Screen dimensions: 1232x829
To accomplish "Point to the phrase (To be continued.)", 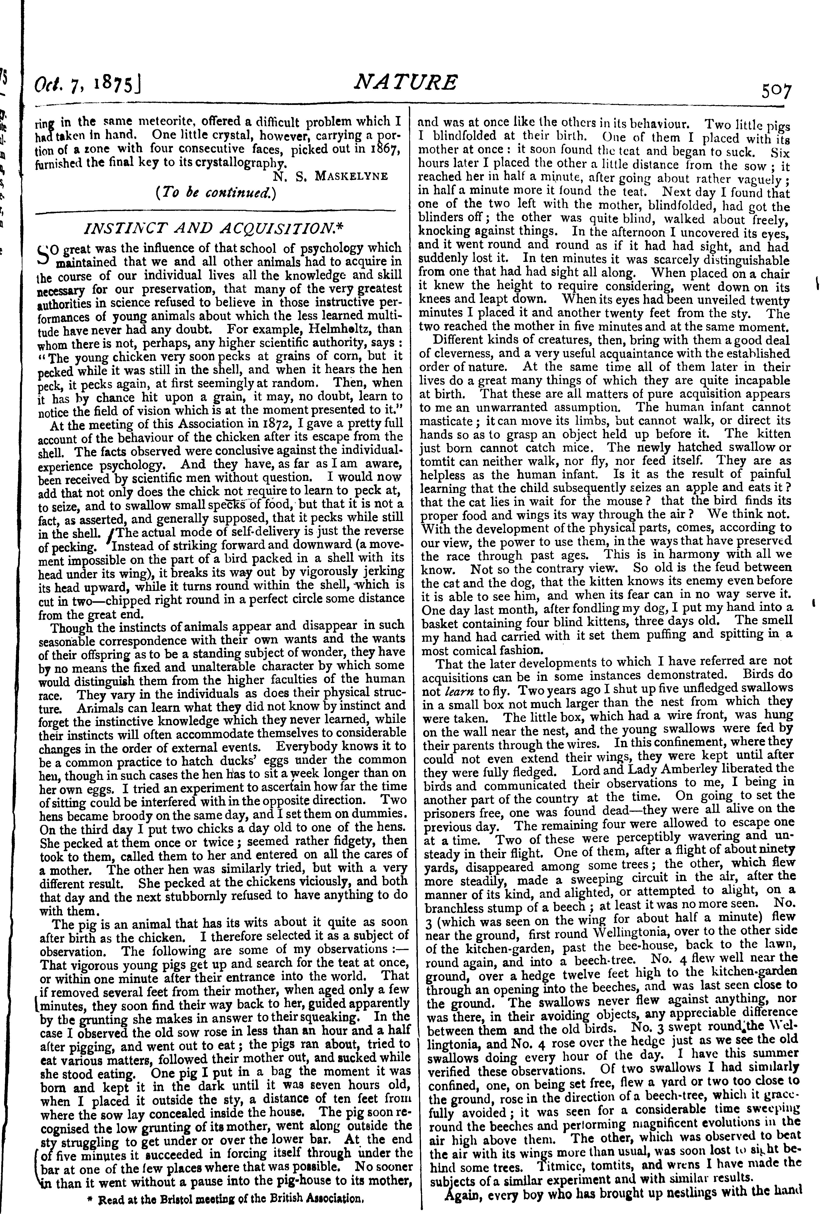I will point(217,193).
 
